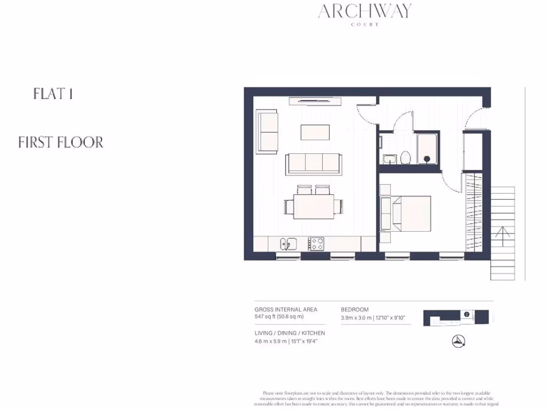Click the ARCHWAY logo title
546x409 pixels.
tap(365, 11)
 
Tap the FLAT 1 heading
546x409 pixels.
tap(53, 94)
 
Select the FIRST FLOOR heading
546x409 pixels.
tap(61, 142)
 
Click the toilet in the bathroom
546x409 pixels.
tap(405, 158)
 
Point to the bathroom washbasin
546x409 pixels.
tap(389, 158)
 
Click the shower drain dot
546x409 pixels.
tap(427, 158)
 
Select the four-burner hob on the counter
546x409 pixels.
tap(316, 243)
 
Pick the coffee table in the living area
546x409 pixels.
tap(315, 132)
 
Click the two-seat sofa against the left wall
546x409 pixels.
tap(267, 131)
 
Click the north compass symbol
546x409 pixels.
tap(458, 341)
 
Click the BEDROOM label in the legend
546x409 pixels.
tap(355, 309)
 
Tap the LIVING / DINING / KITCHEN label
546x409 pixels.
tap(290, 333)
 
